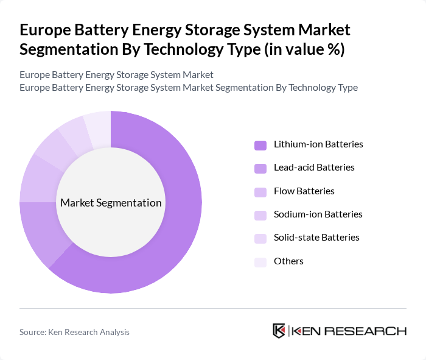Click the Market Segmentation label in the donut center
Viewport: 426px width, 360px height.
111,203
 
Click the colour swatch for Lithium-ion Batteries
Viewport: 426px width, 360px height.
260,145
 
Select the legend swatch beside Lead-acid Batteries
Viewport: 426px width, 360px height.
260,168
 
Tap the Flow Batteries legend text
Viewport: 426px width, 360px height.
304,191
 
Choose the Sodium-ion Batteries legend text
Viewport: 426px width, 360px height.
318,214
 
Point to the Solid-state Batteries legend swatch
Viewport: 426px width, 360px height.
260,238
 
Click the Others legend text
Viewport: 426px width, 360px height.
288,261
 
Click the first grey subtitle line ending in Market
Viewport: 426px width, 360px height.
116,75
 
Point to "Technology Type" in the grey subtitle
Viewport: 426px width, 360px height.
321,87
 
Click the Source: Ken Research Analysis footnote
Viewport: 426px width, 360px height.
74,332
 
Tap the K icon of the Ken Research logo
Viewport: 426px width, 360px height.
279,331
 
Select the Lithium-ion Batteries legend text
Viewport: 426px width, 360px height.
318,145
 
